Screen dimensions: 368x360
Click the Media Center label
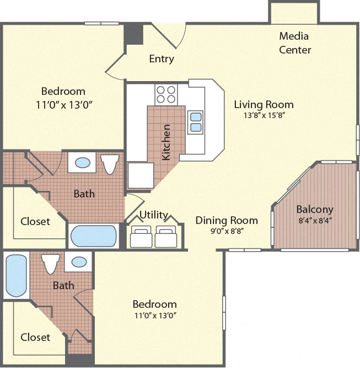click(x=294, y=43)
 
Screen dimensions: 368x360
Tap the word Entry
click(x=162, y=59)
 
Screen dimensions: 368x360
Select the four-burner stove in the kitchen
click(x=166, y=94)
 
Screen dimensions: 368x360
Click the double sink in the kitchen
click(x=195, y=121)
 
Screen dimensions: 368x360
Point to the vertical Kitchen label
click(x=166, y=142)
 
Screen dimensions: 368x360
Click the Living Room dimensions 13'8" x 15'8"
click(x=264, y=116)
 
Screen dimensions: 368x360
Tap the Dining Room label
click(x=227, y=221)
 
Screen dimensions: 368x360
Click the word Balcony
click(x=315, y=210)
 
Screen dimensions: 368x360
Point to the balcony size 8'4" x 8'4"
click(x=315, y=220)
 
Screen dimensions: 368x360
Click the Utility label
click(x=153, y=215)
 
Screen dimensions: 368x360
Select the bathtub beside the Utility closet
click(x=94, y=236)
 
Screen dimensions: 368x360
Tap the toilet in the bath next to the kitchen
click(x=110, y=164)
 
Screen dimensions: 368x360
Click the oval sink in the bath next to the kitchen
click(x=83, y=163)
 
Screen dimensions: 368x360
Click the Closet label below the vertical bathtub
click(x=35, y=337)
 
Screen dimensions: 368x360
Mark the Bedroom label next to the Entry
click(x=63, y=92)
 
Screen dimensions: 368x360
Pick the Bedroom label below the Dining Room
click(x=154, y=304)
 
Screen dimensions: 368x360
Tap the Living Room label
click(x=264, y=104)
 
